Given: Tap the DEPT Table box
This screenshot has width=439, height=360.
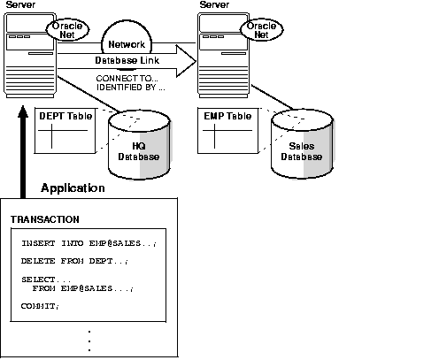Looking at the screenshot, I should (65, 132).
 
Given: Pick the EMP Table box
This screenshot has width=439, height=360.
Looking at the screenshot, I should (227, 132).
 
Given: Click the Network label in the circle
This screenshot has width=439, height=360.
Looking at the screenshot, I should (126, 44).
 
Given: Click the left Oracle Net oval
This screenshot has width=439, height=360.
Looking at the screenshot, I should (66, 30).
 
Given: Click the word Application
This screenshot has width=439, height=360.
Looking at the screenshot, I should (73, 188).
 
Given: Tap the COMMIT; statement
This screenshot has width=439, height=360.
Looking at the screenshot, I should (40, 305).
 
